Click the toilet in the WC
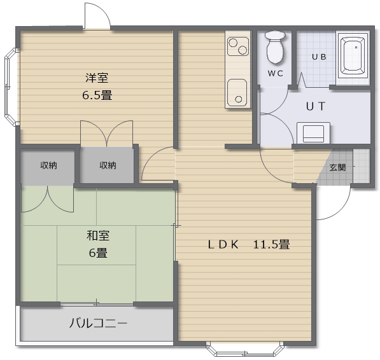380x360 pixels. click(x=275, y=48)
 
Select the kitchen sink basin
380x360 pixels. click(x=237, y=92)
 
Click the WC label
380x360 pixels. click(x=275, y=73)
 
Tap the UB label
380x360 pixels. click(x=318, y=57)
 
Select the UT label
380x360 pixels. click(x=316, y=106)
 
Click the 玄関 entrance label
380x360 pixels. click(x=337, y=167)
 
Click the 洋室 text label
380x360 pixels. click(x=97, y=78)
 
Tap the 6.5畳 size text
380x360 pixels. click(x=97, y=95)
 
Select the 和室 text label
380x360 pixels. click(x=97, y=235)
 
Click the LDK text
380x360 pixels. click(x=223, y=244)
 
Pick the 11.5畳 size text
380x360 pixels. click(x=272, y=244)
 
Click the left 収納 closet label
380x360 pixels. click(x=48, y=165)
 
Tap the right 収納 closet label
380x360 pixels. click(x=107, y=165)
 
